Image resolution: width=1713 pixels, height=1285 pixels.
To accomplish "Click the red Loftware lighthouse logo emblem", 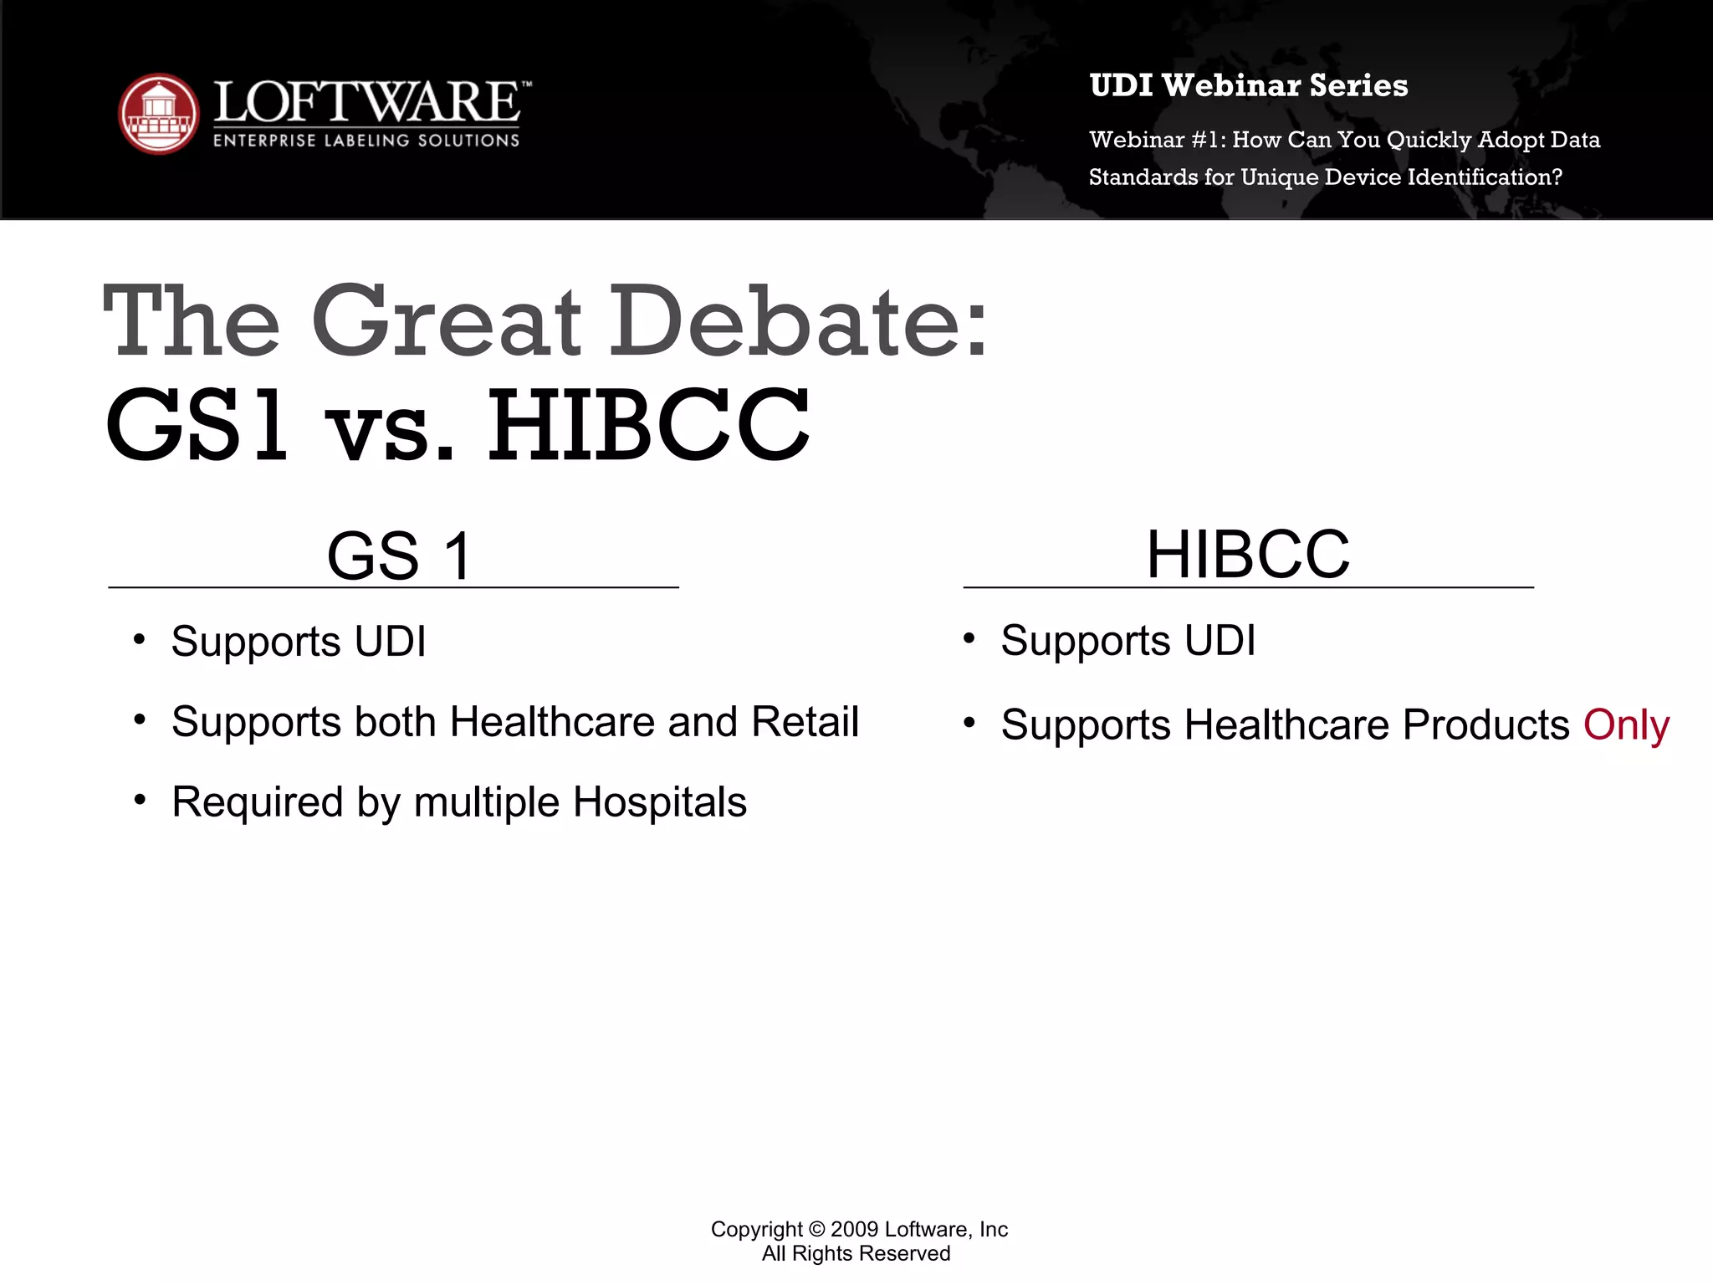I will (159, 114).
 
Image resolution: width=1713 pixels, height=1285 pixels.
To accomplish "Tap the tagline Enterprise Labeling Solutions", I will (366, 141).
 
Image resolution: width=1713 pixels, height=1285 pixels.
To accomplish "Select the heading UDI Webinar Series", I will (1248, 85).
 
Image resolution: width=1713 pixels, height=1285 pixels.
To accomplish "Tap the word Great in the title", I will (447, 322).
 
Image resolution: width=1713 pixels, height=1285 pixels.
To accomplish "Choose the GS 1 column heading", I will (400, 555).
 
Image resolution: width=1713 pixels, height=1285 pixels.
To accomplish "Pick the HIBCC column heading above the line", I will (1248, 554).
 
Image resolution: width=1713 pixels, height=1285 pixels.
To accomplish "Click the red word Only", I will (1626, 724).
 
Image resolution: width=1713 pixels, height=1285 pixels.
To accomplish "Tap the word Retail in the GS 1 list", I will (805, 721).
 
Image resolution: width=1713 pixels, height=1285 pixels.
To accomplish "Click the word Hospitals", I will (659, 801).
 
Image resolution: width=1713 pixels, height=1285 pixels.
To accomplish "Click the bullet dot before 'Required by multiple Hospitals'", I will (140, 800).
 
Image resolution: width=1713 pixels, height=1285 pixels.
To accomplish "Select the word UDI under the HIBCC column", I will (1220, 641).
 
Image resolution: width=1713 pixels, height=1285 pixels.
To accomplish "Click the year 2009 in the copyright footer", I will (854, 1229).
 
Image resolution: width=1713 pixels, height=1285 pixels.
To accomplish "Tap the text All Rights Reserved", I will (856, 1253).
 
